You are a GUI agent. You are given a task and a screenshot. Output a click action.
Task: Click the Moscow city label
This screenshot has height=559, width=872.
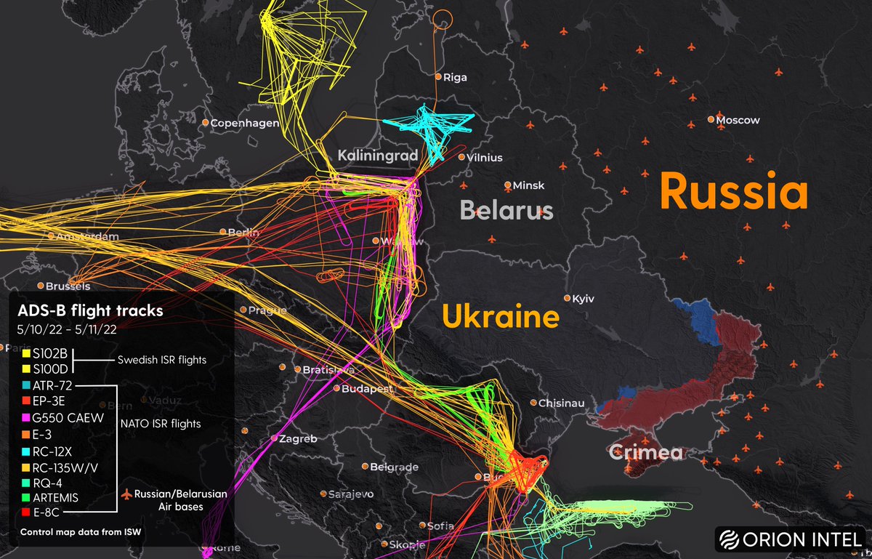tap(738, 120)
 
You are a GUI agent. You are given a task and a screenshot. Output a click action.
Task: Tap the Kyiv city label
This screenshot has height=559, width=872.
tap(584, 299)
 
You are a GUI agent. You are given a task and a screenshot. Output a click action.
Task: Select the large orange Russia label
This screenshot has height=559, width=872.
tap(733, 193)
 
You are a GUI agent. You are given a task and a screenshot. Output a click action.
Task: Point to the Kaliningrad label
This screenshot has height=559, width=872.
tap(377, 155)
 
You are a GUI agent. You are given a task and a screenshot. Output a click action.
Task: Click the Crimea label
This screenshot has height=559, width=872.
tap(646, 453)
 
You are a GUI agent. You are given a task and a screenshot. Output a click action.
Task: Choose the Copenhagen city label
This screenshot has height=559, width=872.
tap(244, 123)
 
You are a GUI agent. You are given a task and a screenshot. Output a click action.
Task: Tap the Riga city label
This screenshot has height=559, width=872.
tap(455, 77)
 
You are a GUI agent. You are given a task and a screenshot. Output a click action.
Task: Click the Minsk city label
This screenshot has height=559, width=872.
tap(528, 185)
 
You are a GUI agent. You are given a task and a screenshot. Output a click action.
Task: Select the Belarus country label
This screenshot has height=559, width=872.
tap(506, 211)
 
